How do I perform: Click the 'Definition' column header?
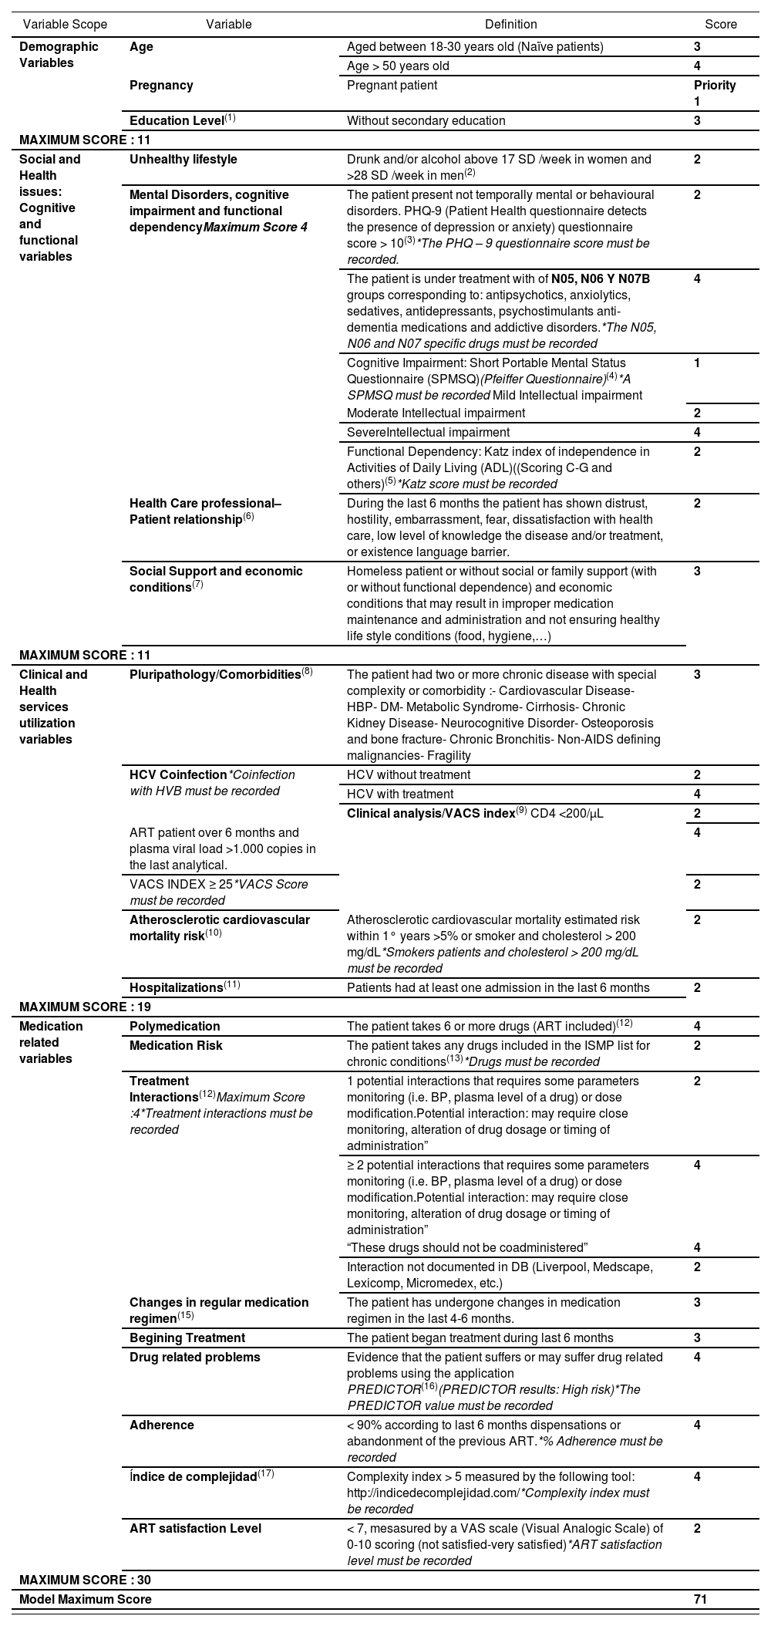(511, 25)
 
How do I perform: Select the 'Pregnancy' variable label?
(161, 86)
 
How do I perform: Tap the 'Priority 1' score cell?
(714, 93)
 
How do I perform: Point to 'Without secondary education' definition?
(426, 121)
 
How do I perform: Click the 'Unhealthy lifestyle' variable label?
(183, 160)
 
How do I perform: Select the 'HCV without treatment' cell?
(409, 775)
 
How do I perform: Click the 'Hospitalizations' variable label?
(177, 988)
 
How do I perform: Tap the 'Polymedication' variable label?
(174, 1027)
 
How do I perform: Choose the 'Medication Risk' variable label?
(176, 1046)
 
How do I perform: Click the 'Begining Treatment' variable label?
(187, 1338)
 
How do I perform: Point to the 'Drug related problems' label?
(194, 1358)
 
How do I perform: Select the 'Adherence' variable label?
(162, 1425)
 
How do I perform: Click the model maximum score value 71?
(700, 1600)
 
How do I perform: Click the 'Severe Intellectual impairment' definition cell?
(428, 433)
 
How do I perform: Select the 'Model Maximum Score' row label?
(86, 1600)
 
